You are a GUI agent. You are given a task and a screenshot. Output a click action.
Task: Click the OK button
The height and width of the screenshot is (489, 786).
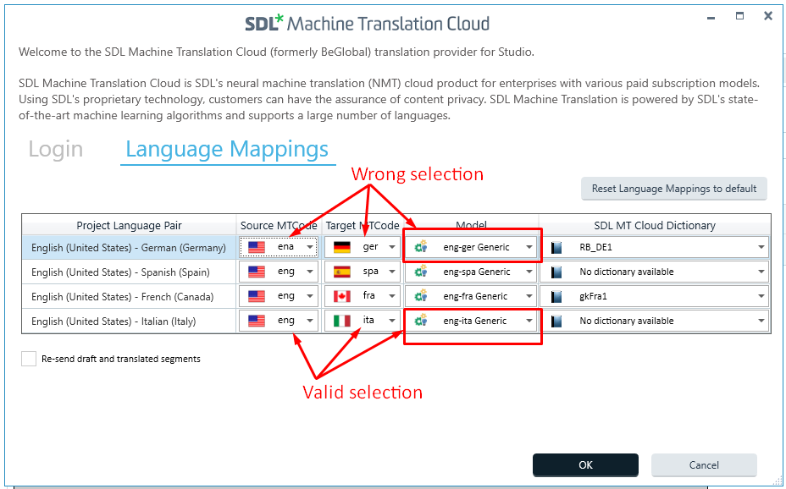coord(585,465)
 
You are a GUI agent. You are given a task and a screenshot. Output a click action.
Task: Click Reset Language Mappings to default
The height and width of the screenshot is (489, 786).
coord(673,189)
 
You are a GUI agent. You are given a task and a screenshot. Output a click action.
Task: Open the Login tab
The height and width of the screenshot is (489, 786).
coord(56,149)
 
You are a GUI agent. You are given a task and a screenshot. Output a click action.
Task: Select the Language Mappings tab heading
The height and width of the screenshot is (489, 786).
coord(227,149)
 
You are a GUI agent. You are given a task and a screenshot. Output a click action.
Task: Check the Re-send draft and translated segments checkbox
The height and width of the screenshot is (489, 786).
coord(29,359)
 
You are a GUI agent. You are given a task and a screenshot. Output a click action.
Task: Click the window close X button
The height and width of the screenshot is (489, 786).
coord(768,16)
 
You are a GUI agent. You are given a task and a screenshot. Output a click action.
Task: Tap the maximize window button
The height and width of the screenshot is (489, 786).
coord(740,16)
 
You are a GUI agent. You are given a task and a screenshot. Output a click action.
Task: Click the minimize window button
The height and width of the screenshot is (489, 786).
coord(711,19)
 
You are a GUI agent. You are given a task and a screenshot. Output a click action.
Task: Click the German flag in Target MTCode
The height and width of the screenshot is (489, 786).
coord(342,247)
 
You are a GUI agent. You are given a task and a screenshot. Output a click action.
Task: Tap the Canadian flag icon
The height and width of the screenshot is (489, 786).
coord(342,296)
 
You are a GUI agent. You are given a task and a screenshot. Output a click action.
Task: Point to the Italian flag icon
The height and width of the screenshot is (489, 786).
coord(342,321)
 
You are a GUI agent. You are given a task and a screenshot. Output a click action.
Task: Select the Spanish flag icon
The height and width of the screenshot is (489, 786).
coord(342,272)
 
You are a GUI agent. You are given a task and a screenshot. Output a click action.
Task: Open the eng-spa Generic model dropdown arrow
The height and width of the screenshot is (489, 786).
coord(529,272)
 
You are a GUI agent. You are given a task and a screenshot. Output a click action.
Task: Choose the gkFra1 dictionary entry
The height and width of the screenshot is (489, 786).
coord(593,296)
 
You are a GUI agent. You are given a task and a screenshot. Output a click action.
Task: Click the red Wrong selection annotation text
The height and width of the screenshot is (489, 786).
coord(417,174)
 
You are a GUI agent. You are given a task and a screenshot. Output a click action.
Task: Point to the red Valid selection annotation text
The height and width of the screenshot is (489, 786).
coord(363,392)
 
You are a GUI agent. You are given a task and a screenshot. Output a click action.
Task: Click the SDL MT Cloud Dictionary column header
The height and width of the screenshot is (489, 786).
coord(655,226)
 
